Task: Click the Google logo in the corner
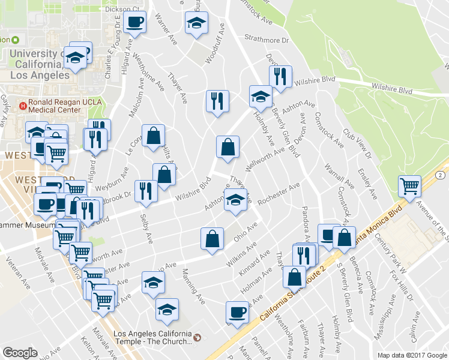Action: (x=20, y=353)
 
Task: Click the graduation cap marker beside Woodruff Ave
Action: (x=195, y=23)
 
